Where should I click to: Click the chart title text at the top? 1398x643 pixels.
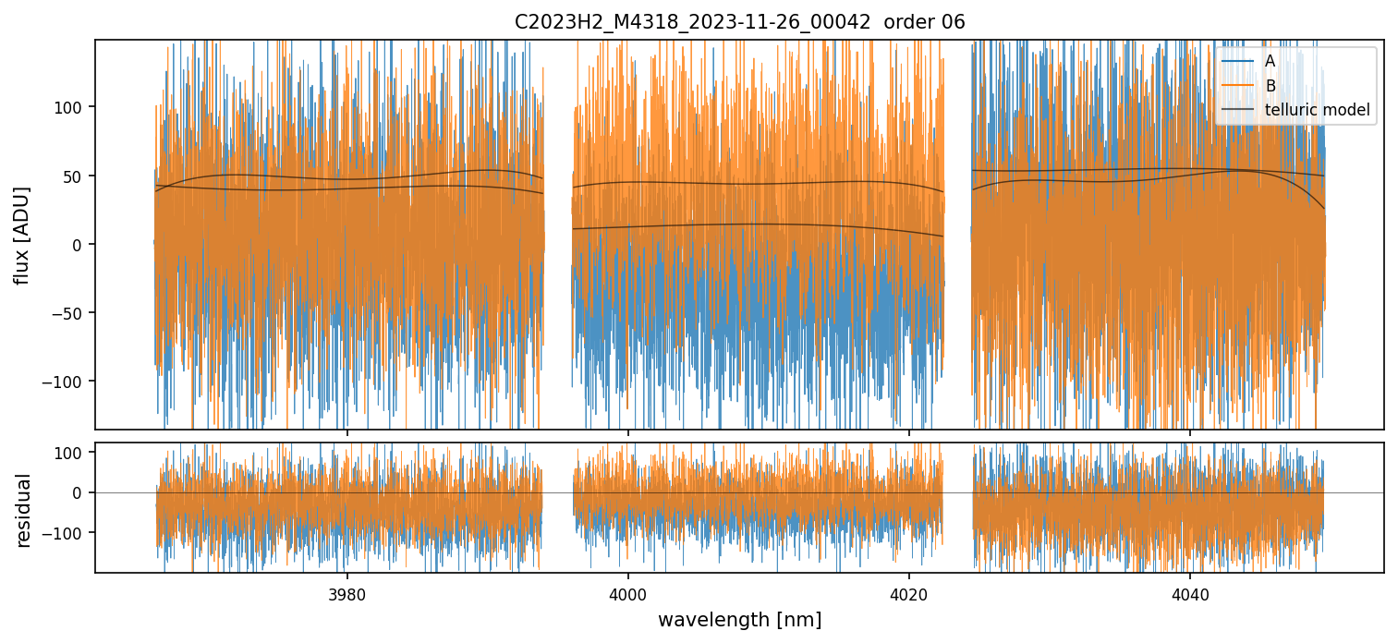tap(739, 22)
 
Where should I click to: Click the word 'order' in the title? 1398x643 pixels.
tap(907, 22)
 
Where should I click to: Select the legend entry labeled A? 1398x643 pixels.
tap(1270, 61)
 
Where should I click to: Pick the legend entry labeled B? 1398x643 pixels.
tap(1270, 86)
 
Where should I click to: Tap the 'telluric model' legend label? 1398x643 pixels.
tap(1317, 111)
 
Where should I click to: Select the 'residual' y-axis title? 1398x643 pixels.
tap(23, 510)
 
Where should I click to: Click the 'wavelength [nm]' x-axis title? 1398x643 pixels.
tap(739, 620)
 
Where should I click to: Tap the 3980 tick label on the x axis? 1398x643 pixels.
tap(347, 592)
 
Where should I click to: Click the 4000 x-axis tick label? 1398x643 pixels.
tap(628, 592)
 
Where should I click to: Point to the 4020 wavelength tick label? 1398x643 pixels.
tap(909, 592)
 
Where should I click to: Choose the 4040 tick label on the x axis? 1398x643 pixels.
tap(1190, 592)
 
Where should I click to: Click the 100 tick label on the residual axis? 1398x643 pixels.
tap(73, 453)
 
